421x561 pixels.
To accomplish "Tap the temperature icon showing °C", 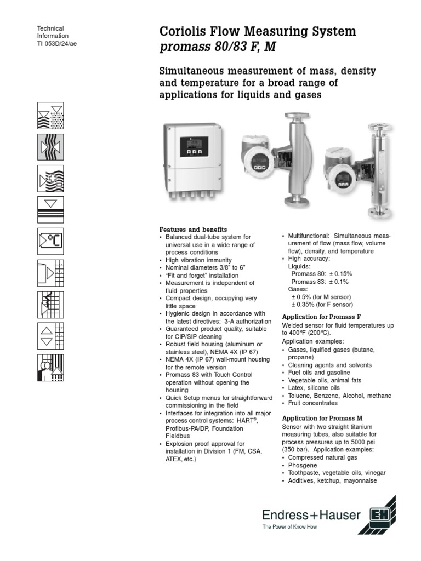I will click(x=50, y=242).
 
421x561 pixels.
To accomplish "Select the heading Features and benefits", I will click(x=193, y=229).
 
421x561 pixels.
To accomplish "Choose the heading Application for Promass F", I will click(x=321, y=317).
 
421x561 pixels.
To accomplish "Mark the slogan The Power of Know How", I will click(x=289, y=527).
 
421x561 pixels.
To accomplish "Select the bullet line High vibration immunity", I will click(x=198, y=260).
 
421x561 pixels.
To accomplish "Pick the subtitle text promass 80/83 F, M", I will click(x=218, y=47).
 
